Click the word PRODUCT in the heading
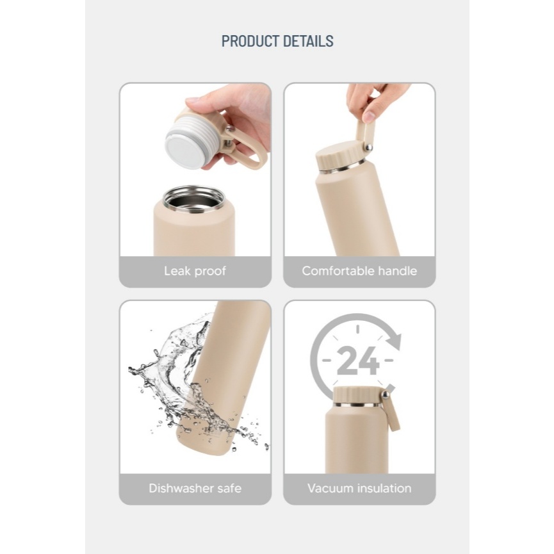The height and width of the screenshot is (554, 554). [250, 42]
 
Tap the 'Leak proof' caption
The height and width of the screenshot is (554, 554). [195, 271]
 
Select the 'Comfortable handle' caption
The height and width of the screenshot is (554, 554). [359, 271]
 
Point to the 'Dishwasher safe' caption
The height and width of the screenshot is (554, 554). [195, 488]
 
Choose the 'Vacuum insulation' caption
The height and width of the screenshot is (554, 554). [359, 488]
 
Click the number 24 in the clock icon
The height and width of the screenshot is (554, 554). [357, 361]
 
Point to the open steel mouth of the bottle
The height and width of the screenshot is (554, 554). [193, 199]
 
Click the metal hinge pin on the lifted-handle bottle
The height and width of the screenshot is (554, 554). [368, 147]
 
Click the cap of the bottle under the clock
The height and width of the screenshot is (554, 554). [357, 394]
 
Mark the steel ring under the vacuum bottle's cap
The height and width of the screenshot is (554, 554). [357, 404]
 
